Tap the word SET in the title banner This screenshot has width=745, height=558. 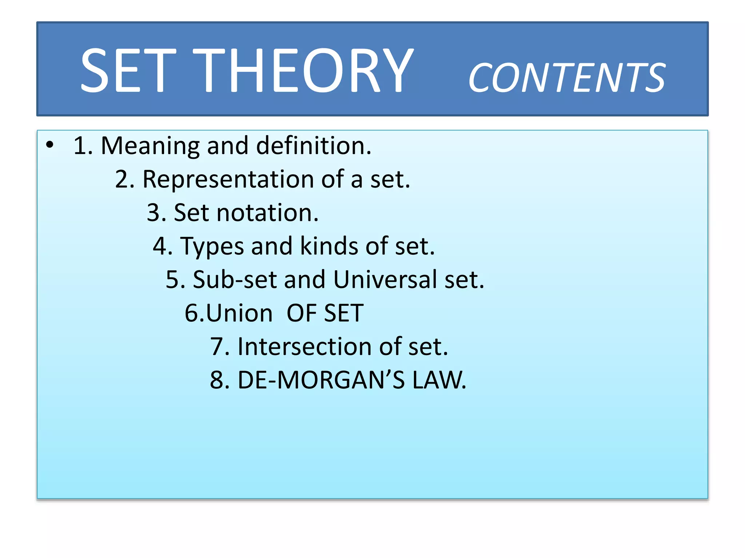coord(128,70)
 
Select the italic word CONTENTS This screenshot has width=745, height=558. coord(567,78)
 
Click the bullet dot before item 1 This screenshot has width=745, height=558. coord(50,145)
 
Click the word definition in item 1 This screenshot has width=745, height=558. coord(313,145)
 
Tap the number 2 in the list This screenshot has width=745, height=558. coord(123,179)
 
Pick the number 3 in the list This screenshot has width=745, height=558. coord(154,213)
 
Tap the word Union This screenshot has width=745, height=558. coord(239,313)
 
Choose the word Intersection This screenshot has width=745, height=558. coord(304,347)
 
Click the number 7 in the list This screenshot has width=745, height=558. coord(218,347)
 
